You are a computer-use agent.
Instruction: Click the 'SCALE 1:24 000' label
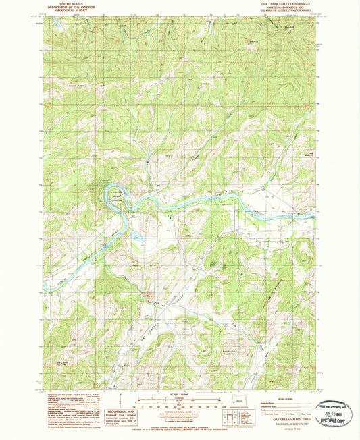tap(179, 394)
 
